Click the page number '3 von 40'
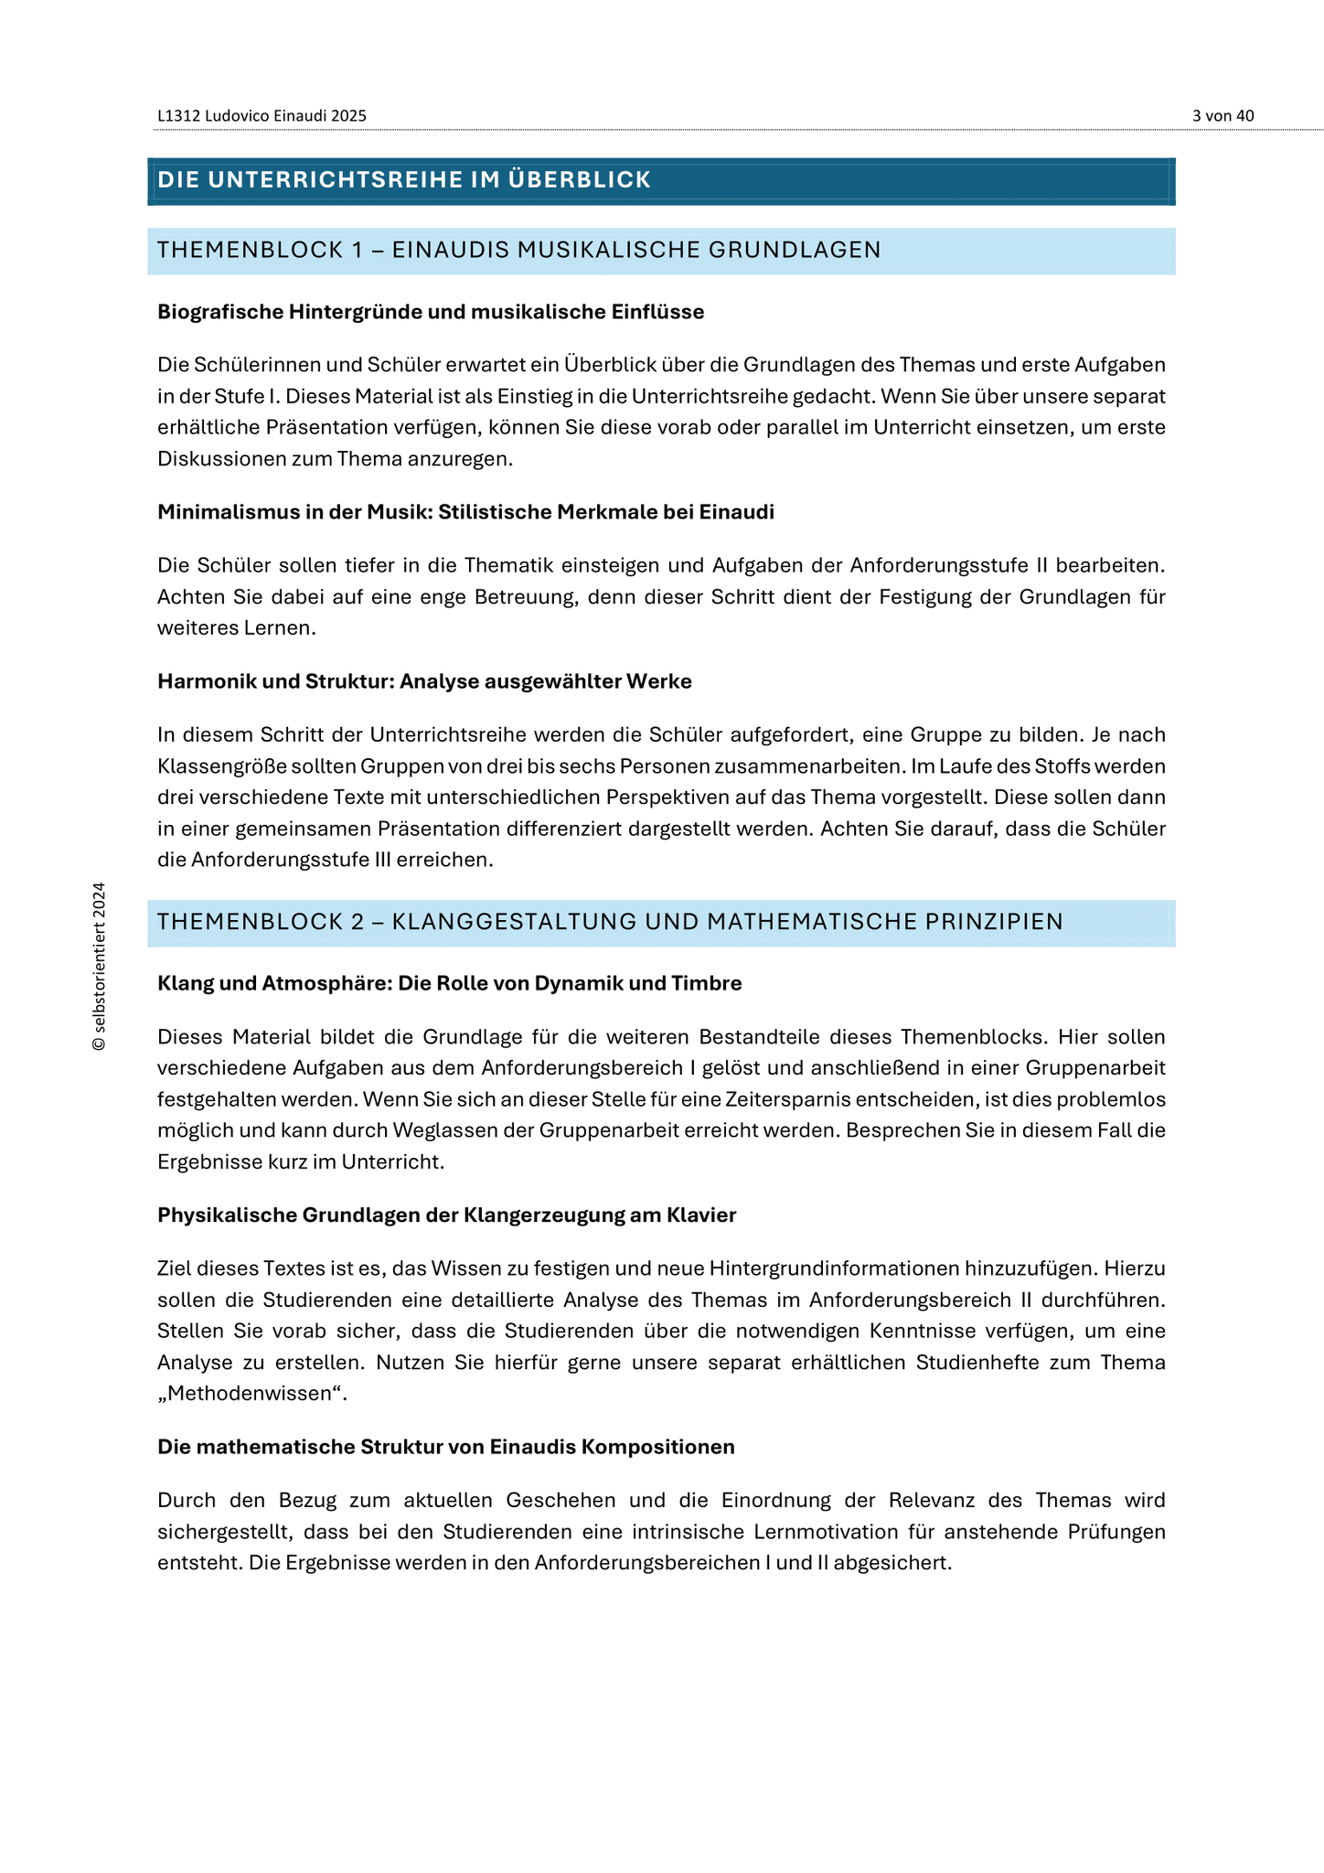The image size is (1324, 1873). point(1223,116)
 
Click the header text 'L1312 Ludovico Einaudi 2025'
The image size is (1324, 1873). point(262,116)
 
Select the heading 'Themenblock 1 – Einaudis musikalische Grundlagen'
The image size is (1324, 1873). point(518,251)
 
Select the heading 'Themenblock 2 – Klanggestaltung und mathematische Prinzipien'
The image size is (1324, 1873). point(610,922)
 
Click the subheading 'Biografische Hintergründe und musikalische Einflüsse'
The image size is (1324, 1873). point(431,312)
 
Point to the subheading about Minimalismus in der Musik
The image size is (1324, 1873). point(465,512)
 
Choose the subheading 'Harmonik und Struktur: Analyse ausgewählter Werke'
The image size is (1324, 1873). point(424,681)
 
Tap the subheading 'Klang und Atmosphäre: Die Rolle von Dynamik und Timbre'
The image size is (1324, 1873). point(449,983)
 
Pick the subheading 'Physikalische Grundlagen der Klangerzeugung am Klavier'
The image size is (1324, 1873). point(446,1215)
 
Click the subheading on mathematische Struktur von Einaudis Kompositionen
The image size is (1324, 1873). point(446,1447)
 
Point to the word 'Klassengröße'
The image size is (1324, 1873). point(215,766)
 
